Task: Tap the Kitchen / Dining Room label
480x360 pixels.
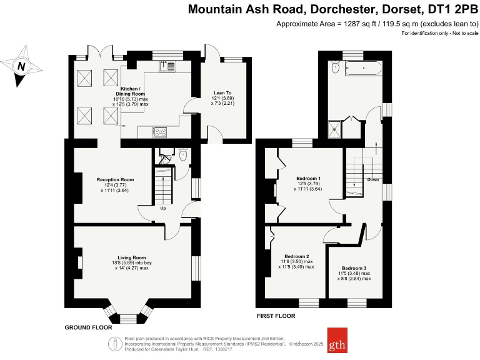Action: [x=131, y=91]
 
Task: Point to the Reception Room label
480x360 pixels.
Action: [x=115, y=180]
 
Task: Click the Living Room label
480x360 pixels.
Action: [x=132, y=257]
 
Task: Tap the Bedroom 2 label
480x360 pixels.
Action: [x=297, y=256]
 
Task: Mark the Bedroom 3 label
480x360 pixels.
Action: [x=354, y=268]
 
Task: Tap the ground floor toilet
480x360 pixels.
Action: [x=182, y=154]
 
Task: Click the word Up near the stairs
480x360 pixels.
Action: [x=163, y=208]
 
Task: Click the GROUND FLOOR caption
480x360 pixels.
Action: [x=88, y=327]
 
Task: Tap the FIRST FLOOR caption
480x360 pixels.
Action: [x=276, y=316]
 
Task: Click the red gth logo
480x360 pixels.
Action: [x=336, y=341]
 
